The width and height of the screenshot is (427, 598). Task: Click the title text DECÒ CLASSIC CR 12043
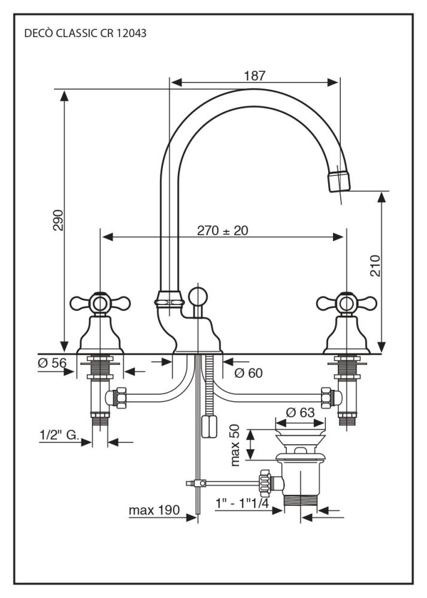85,34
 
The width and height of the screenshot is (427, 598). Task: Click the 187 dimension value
255,76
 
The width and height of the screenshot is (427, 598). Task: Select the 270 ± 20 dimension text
222,230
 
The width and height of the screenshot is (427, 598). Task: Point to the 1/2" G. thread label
60,436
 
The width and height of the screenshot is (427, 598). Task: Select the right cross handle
345,303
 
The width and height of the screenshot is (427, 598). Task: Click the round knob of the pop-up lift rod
197,296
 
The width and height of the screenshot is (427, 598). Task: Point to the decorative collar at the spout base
169,297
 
